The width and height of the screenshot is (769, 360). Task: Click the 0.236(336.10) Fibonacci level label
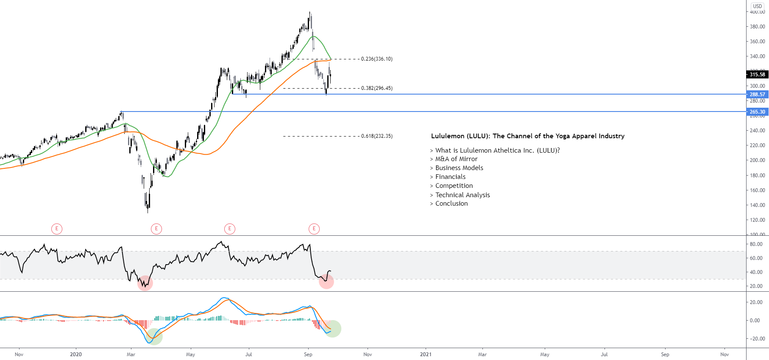tap(376, 59)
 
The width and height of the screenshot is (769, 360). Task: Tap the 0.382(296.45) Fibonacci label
tap(376, 88)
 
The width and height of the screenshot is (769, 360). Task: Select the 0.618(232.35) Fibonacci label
tap(376, 136)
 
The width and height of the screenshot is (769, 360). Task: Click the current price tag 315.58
tap(757, 75)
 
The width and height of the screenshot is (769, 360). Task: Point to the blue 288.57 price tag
tap(757, 95)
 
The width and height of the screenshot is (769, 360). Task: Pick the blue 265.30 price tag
tap(757, 112)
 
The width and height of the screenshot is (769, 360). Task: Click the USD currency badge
tap(758, 6)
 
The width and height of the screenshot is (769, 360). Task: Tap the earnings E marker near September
tap(314, 229)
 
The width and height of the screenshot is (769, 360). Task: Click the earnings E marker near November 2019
tap(57, 229)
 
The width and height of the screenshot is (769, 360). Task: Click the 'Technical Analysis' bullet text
tap(463, 195)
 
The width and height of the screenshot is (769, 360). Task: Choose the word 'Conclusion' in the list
tap(451, 204)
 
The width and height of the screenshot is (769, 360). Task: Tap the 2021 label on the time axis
tap(426, 354)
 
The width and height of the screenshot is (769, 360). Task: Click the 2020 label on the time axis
tap(76, 354)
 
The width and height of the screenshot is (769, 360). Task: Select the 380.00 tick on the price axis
tap(757, 27)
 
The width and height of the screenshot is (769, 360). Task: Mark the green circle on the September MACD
tap(333, 329)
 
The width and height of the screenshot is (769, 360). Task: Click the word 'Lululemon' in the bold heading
tap(448, 136)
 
